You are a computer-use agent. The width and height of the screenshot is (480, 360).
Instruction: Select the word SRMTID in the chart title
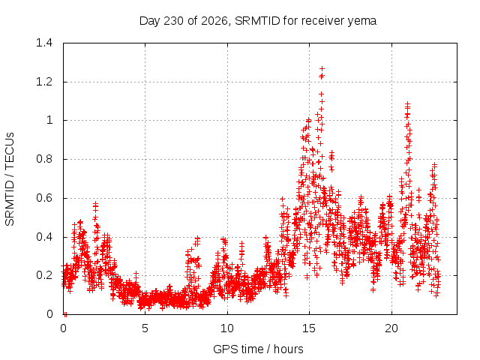(x=257, y=21)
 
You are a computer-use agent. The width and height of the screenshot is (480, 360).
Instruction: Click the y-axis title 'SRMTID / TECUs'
(x=10, y=179)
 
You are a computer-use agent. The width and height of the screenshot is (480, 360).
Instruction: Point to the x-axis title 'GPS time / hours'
(x=258, y=349)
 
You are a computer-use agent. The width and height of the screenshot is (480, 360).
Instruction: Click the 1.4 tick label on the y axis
(x=44, y=43)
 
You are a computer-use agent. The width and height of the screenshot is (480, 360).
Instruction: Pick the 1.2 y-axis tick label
(x=44, y=82)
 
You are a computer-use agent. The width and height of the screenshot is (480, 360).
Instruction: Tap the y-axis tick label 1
(x=49, y=120)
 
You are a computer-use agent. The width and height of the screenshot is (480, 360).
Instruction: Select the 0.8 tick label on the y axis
(x=44, y=159)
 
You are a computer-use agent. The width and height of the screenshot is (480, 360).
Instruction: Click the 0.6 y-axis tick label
(x=44, y=198)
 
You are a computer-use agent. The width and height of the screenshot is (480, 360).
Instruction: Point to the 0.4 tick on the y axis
(x=44, y=237)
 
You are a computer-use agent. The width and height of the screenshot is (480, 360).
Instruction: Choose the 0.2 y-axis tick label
(x=44, y=275)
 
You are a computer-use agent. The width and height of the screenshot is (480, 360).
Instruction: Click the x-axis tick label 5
(x=145, y=328)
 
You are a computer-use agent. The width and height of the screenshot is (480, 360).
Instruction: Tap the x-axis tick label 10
(x=227, y=328)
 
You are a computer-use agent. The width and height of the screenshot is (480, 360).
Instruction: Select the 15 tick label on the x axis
(x=309, y=328)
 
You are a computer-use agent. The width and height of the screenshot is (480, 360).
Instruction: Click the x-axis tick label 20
(x=391, y=328)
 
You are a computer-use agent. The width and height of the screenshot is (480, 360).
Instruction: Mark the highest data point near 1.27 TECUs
(x=322, y=68)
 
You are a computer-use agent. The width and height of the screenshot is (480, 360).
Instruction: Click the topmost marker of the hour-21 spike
(x=407, y=103)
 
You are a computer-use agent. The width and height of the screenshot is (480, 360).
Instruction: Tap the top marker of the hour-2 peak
(x=95, y=203)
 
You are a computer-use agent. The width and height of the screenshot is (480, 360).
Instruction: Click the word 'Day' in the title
(x=150, y=21)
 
